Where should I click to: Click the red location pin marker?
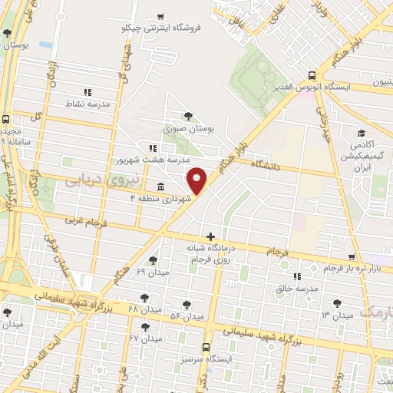click(x=197, y=180)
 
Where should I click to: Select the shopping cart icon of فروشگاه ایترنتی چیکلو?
click(x=160, y=17)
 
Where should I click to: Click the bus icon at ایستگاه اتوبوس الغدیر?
click(x=311, y=75)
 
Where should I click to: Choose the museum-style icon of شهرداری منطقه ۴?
click(x=160, y=187)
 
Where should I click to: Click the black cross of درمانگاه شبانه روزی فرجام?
click(x=210, y=236)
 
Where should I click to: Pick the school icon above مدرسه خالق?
click(x=296, y=276)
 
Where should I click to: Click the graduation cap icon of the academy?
click(x=358, y=132)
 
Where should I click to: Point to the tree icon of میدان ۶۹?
click(x=153, y=261)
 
